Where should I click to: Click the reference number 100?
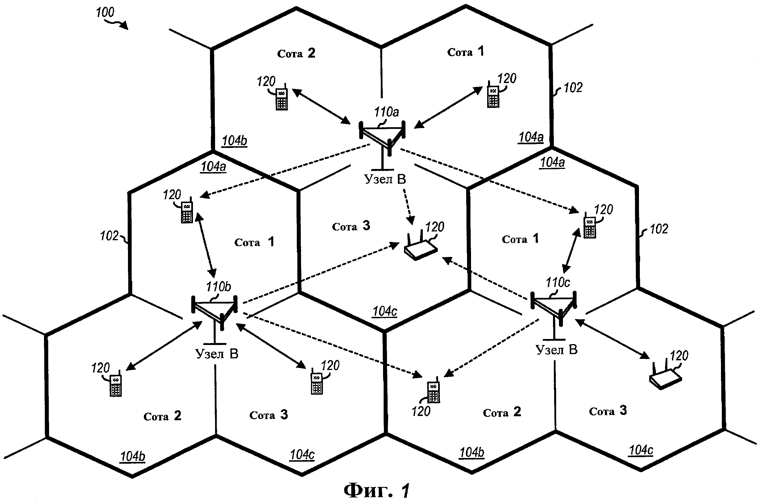pyautogui.click(x=105, y=13)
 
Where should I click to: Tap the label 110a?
pyautogui.click(x=386, y=112)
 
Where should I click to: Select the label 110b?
pyautogui.click(x=218, y=286)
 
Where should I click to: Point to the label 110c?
pyautogui.click(x=558, y=283)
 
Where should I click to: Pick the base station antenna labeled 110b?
pyautogui.click(x=215, y=313)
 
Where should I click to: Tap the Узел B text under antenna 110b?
pyautogui.click(x=216, y=353)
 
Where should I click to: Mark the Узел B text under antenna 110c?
pyautogui.click(x=556, y=350)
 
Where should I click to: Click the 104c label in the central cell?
pyautogui.click(x=384, y=311)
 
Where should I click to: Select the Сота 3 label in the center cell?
pyautogui.click(x=351, y=226)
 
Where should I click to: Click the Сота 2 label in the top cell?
pyautogui.click(x=296, y=53)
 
